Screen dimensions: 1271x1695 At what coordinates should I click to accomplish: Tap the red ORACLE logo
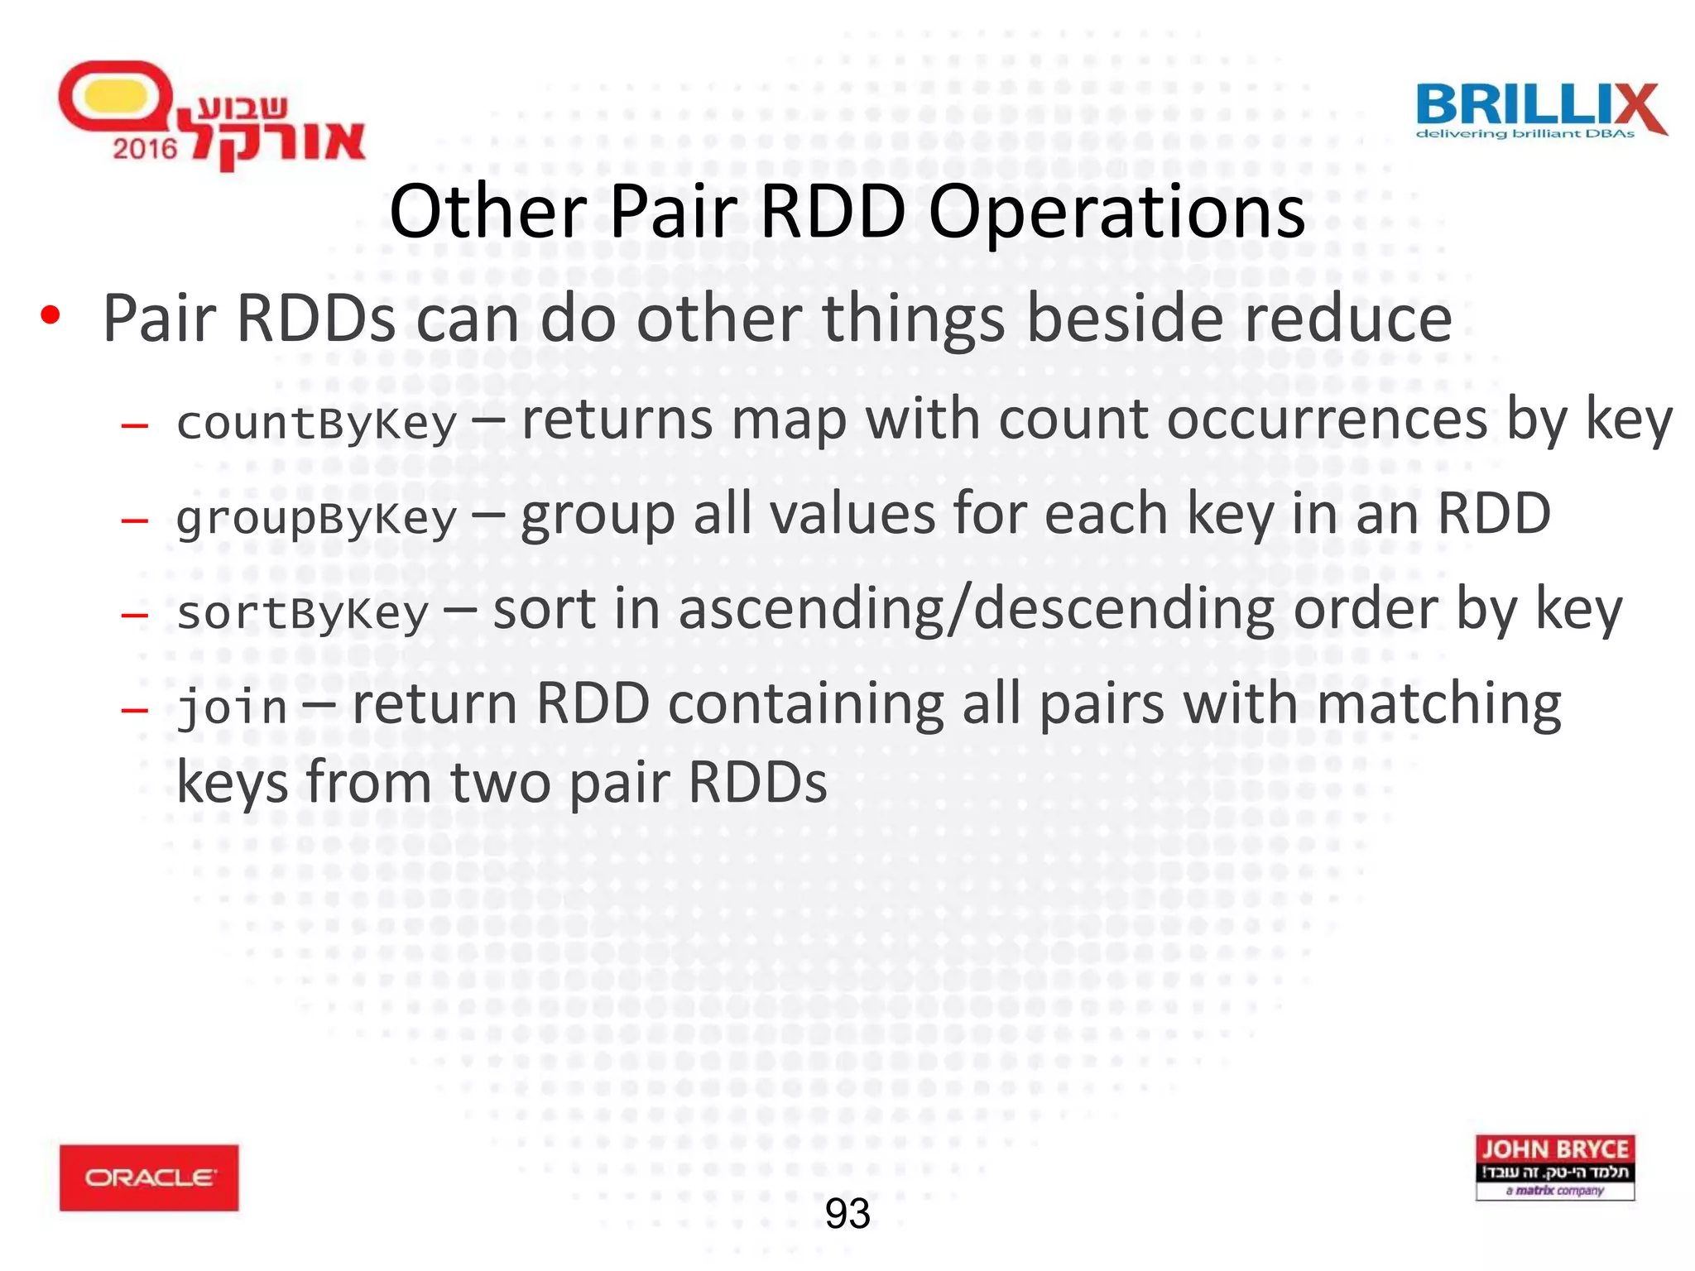[x=149, y=1177]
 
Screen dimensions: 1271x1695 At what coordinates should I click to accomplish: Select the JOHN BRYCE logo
[x=1554, y=1167]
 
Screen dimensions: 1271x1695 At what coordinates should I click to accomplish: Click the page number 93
[x=847, y=1214]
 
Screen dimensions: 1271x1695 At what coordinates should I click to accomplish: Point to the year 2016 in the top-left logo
[x=145, y=149]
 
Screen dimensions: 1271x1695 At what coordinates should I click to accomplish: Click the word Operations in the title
[x=1116, y=212]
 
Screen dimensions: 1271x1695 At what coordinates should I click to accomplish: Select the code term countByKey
[x=316, y=424]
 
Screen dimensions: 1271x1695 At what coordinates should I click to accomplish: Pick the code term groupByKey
[x=316, y=519]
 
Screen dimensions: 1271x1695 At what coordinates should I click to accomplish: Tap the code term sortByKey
[x=303, y=613]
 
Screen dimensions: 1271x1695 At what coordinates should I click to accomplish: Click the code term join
[x=233, y=708]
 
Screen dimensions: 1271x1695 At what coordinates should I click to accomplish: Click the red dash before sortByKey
[x=134, y=615]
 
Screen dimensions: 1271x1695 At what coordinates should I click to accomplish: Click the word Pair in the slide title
[x=672, y=212]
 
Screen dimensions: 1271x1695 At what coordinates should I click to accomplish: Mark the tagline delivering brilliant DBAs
[x=1525, y=134]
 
